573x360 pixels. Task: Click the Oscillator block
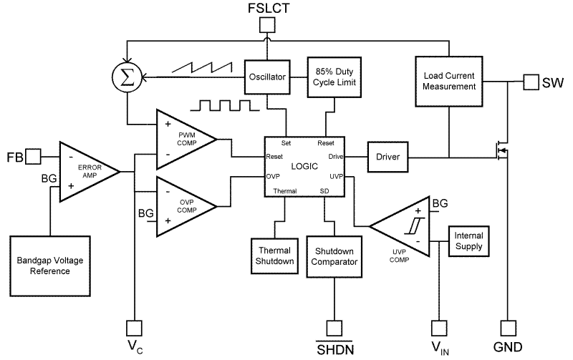[x=268, y=75]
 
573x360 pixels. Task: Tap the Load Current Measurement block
[x=448, y=80]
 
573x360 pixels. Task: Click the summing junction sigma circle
[x=126, y=76]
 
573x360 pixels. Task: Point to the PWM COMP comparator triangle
[x=183, y=137]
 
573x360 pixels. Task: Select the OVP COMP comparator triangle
[x=183, y=202]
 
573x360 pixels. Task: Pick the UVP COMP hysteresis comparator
[x=405, y=228]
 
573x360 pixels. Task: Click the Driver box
[x=387, y=156]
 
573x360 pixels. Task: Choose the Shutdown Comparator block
[x=334, y=256]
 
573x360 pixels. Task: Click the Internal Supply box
[x=468, y=241]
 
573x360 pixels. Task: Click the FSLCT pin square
[x=266, y=25]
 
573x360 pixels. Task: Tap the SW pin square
[x=531, y=82]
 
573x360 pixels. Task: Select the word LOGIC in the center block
[x=304, y=166]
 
